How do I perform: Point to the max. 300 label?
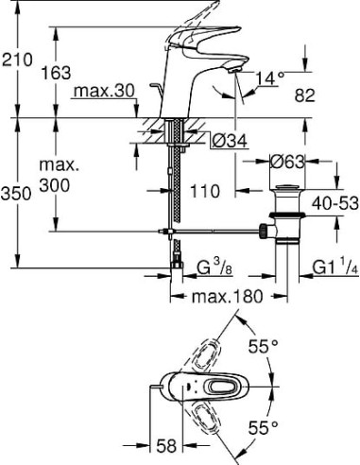click(x=60, y=177)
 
